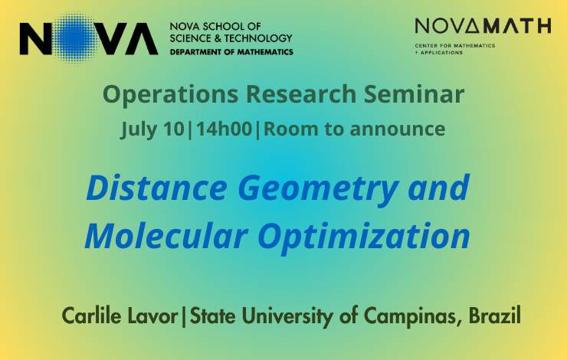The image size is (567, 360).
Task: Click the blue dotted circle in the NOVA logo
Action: coord(75,38)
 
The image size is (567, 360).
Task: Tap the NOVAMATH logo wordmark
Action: coord(483,26)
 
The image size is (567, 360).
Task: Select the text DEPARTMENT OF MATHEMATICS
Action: coord(231,52)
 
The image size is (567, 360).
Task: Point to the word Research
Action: coord(301,94)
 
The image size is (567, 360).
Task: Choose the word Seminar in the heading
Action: coord(414,94)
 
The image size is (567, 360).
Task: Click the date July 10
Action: coord(152,129)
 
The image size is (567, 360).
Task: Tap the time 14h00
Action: coord(224,129)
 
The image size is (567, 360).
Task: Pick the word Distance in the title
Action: coord(157,188)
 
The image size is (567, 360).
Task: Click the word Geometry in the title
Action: coord(318,189)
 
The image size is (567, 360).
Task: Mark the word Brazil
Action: coord(495,315)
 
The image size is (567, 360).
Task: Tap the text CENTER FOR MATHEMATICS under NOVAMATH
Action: coord(455,45)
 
